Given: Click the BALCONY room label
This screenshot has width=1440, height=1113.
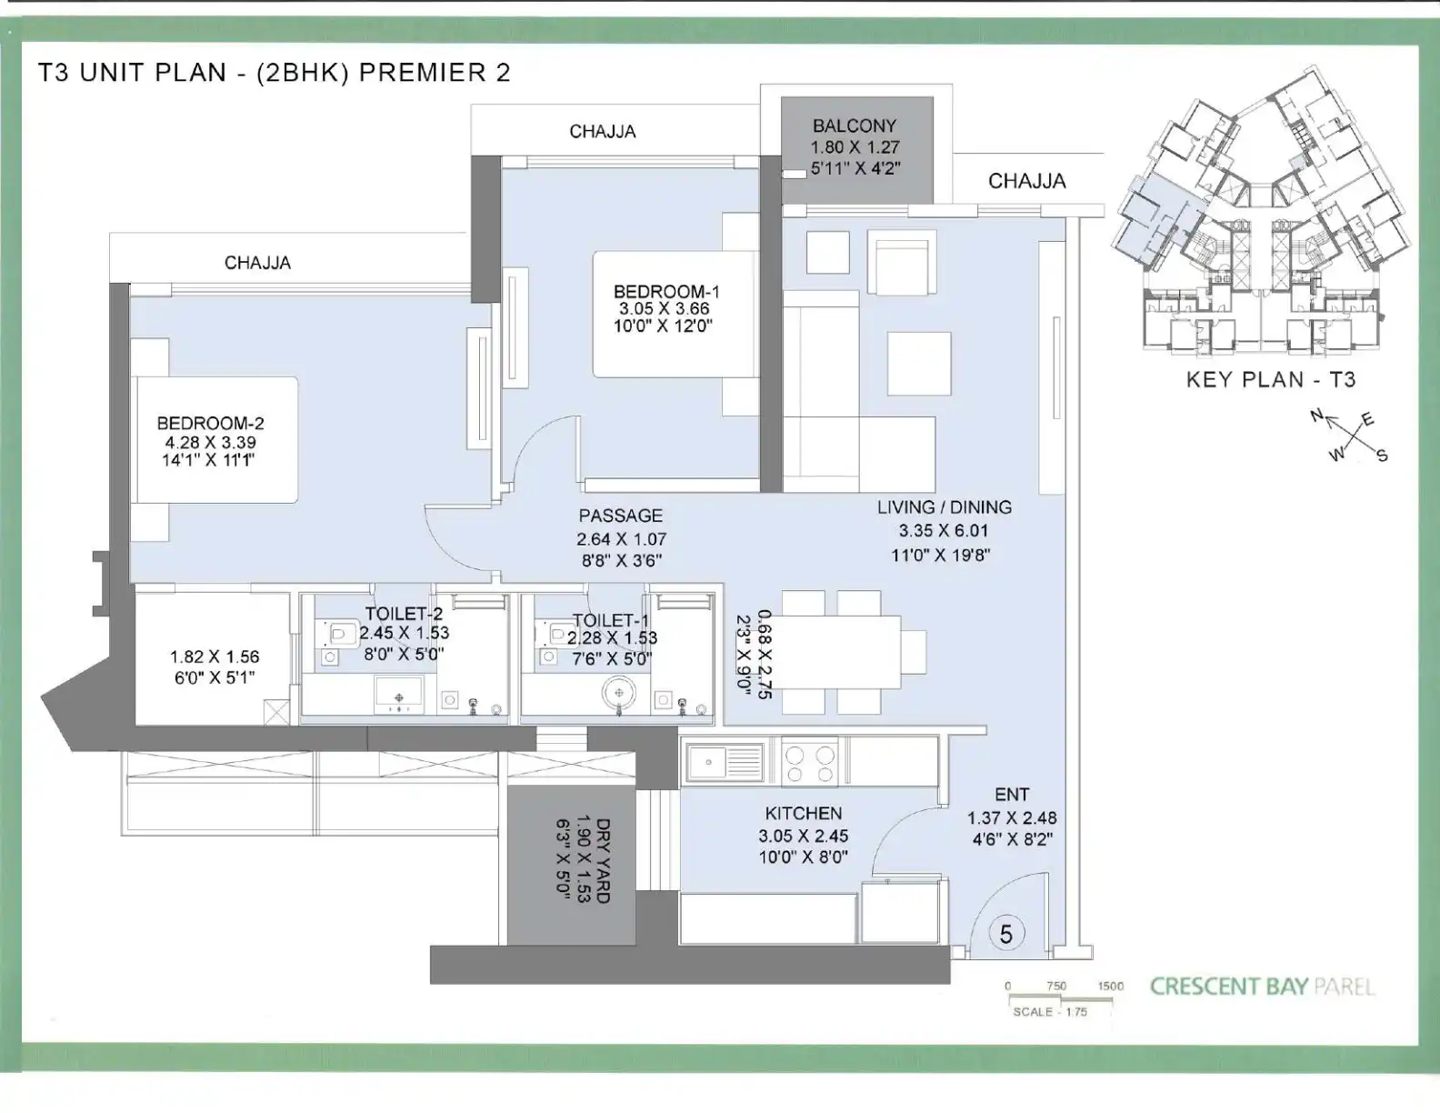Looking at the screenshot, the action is click(855, 126).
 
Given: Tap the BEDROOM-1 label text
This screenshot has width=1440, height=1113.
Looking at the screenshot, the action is click(666, 292).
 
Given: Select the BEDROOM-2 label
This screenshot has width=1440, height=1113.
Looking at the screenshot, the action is click(210, 423).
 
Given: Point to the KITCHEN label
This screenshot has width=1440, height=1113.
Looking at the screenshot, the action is click(803, 813).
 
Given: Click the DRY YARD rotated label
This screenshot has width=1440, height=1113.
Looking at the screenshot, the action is click(603, 861).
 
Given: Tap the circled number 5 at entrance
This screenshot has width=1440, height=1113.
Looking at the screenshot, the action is click(1006, 934).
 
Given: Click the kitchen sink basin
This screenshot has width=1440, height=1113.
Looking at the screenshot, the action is click(708, 762).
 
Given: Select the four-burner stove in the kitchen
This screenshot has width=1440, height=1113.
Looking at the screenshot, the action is click(810, 764).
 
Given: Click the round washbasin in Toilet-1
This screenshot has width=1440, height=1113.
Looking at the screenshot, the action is click(619, 693).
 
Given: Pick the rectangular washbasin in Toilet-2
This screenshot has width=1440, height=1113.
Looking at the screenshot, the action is click(399, 694).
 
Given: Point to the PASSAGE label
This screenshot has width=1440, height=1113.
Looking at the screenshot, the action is click(620, 516).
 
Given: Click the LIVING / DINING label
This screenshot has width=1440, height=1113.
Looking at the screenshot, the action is click(945, 507).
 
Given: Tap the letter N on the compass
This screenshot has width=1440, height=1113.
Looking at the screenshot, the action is click(1316, 416).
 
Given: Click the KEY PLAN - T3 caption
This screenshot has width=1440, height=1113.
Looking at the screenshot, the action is click(1270, 380).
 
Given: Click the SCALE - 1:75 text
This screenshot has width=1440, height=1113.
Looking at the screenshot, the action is click(1050, 1011).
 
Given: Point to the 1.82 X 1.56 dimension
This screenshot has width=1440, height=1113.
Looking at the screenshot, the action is click(215, 657).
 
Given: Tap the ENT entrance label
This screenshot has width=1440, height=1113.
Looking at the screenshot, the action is click(1012, 794).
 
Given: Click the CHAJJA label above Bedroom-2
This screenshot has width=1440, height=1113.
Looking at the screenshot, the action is click(257, 263).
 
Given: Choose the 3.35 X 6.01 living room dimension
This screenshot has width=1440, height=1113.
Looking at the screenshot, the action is click(944, 531).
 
